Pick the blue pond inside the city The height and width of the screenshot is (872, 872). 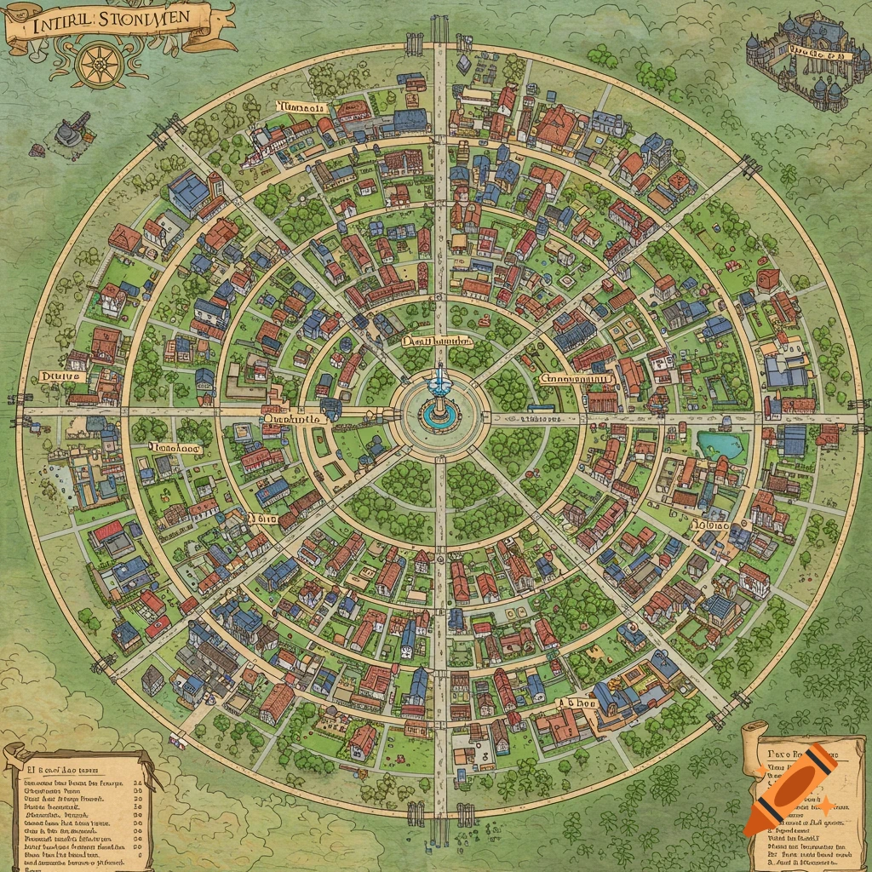[720, 445]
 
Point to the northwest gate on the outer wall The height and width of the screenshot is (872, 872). [167, 130]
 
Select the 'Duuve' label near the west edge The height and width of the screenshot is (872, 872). [61, 376]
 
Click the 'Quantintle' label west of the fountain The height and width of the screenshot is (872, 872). [291, 418]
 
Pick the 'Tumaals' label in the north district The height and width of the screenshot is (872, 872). [302, 108]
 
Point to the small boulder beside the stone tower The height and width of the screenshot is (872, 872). [37, 151]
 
